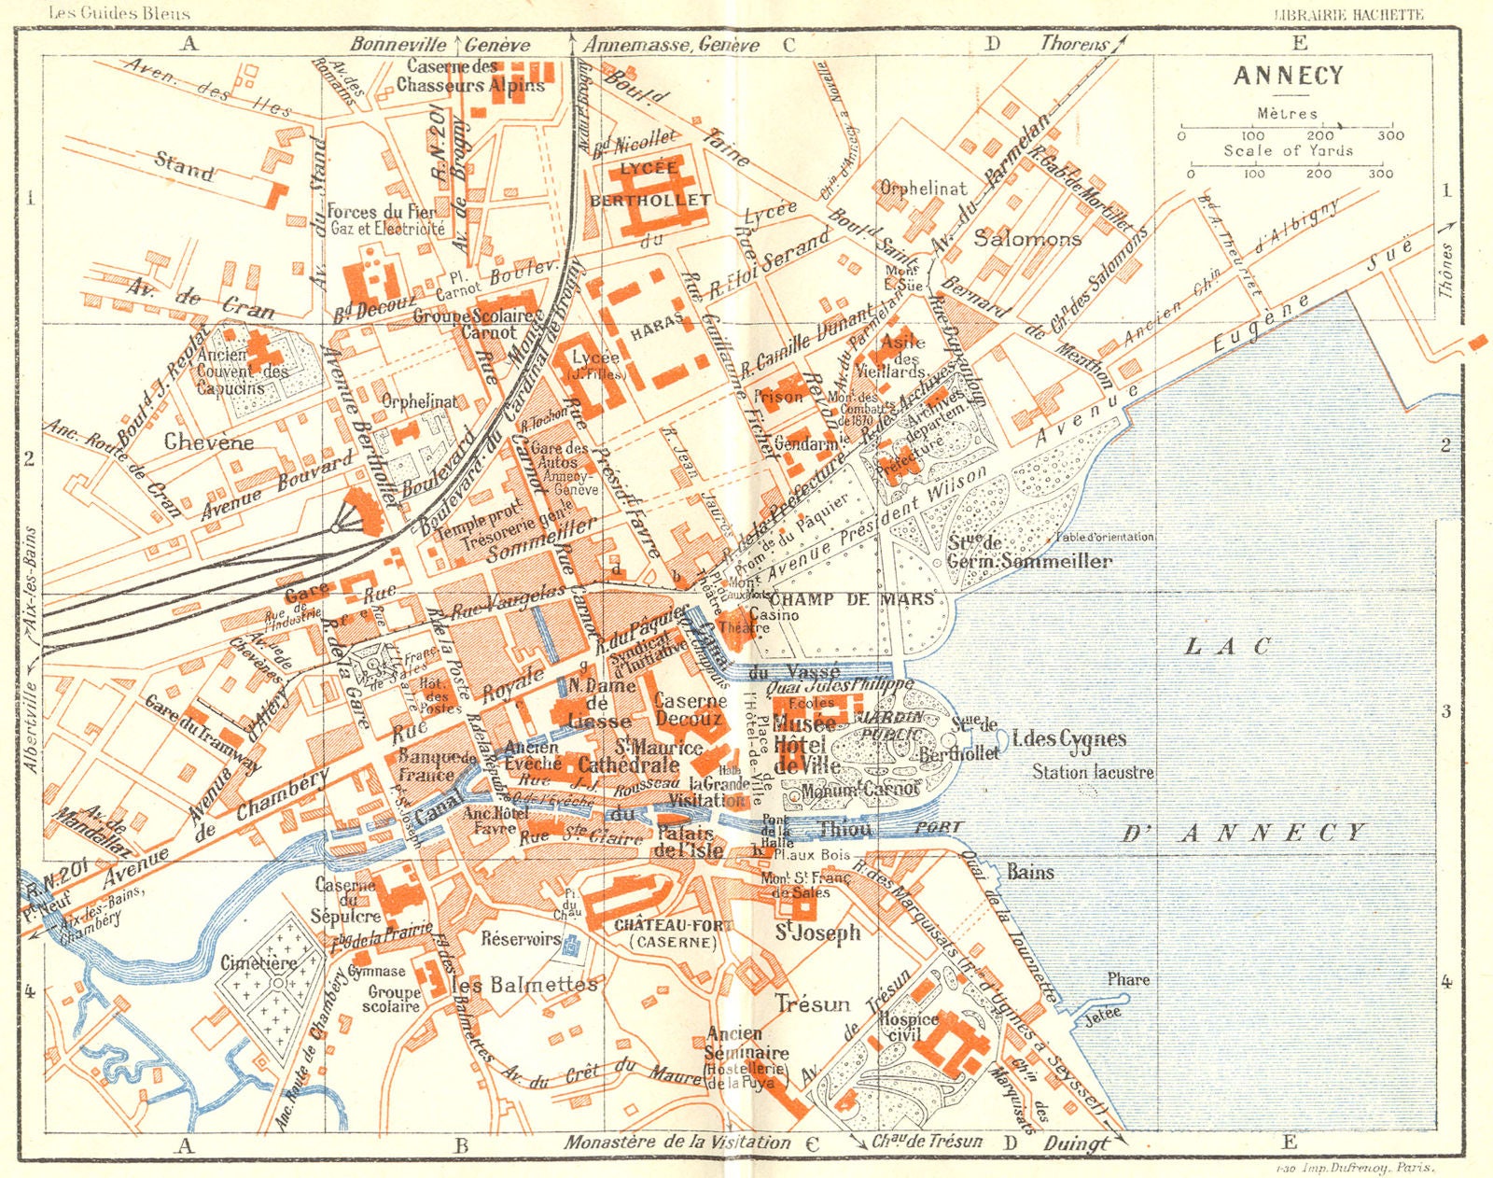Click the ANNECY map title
click(1288, 77)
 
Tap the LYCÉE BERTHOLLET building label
click(649, 184)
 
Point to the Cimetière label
click(258, 962)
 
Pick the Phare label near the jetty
click(1128, 979)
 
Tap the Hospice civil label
click(908, 1027)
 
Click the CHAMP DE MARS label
click(851, 598)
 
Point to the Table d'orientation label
click(1105, 537)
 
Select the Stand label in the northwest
click(184, 167)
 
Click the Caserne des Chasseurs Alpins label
click(470, 76)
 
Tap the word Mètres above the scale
click(1287, 113)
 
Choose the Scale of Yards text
click(1288, 150)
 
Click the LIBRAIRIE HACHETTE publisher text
click(1348, 14)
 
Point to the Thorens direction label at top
click(1074, 44)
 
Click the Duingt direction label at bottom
click(1076, 1143)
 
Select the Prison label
click(777, 397)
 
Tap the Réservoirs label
click(521, 939)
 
